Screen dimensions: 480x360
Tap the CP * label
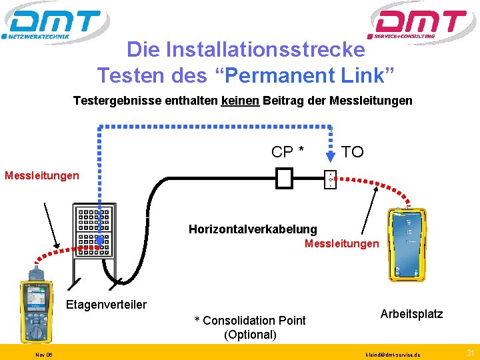point(288,152)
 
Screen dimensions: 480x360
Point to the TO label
point(352,152)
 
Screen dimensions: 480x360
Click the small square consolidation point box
point(285,177)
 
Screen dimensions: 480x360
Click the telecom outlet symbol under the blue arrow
point(329,179)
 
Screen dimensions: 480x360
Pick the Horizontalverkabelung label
point(253,229)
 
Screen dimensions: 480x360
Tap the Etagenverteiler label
point(106,305)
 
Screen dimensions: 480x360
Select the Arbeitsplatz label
point(411,313)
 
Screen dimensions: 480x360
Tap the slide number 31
point(471,353)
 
